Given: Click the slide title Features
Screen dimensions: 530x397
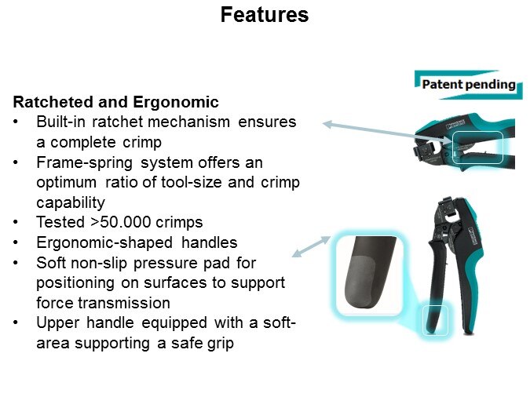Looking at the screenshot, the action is click(x=265, y=15).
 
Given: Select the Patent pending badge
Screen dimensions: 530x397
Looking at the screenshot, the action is click(x=469, y=85).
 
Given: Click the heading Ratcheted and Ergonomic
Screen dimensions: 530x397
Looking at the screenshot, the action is click(x=115, y=102).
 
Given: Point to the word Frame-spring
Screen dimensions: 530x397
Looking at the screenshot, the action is click(x=84, y=163).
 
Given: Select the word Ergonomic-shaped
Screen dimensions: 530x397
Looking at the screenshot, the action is click(x=104, y=243).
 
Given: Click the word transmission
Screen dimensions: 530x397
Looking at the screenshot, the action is click(x=124, y=303).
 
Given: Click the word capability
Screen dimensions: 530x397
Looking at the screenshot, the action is click(x=71, y=202).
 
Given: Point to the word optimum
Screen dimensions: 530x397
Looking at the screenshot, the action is click(x=66, y=183).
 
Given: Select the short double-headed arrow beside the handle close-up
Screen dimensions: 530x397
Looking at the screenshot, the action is click(x=311, y=246).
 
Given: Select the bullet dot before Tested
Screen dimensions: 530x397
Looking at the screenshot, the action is click(x=16, y=222).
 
